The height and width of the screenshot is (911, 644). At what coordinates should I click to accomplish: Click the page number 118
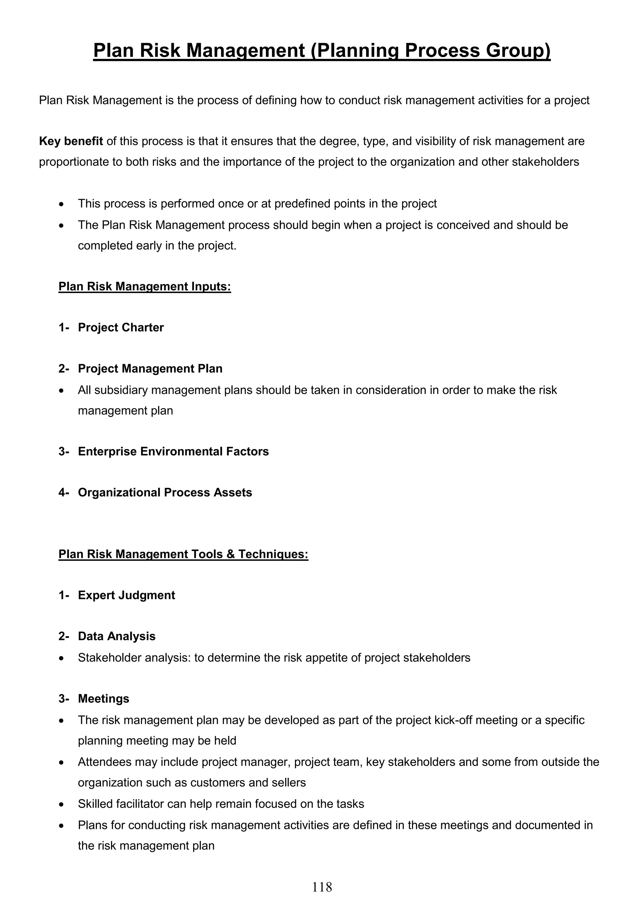322,887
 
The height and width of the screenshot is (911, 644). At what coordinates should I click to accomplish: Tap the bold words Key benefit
71,141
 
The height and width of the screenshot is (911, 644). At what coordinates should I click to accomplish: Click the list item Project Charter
121,327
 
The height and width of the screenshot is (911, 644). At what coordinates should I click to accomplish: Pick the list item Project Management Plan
150,369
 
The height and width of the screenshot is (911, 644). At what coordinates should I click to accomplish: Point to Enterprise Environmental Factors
173,452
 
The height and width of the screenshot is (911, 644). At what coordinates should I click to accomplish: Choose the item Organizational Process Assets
165,492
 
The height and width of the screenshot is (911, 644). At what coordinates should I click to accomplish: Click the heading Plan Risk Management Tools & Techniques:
183,554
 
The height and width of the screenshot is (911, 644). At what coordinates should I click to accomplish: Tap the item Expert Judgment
126,595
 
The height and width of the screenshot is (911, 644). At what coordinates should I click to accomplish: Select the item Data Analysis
117,636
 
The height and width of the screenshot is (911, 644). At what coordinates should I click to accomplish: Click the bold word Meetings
103,698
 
